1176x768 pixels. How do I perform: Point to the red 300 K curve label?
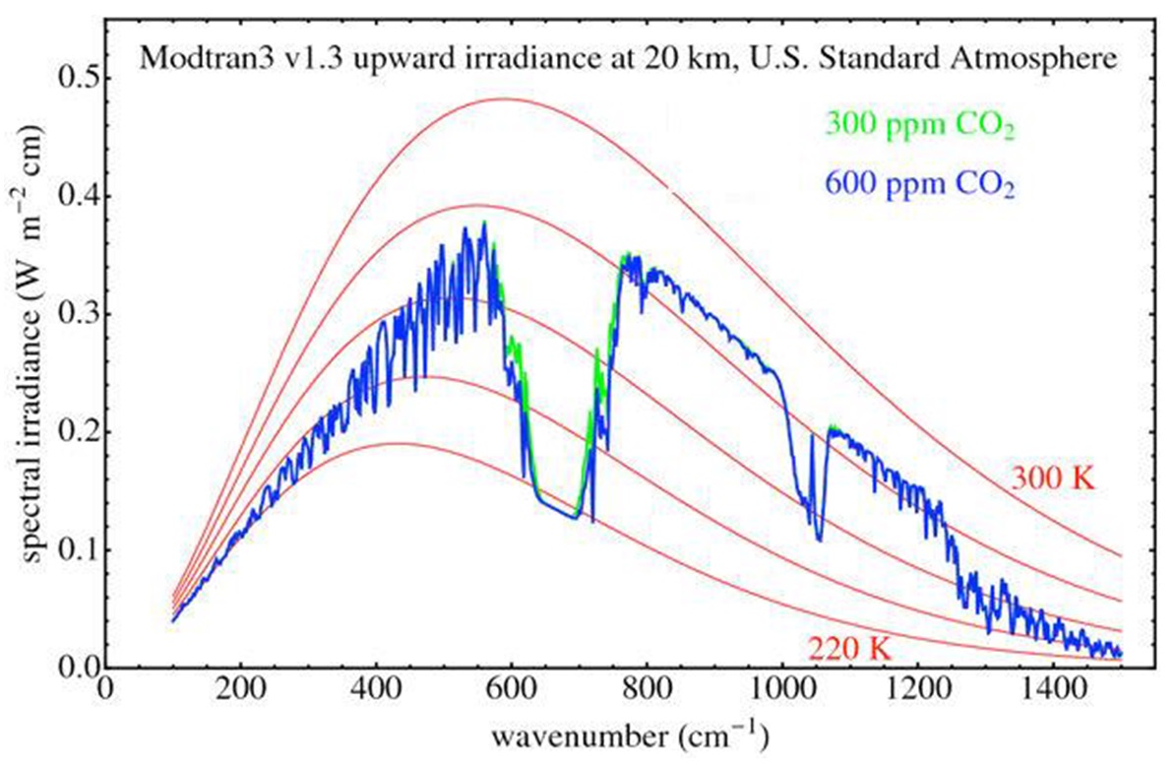1052,480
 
